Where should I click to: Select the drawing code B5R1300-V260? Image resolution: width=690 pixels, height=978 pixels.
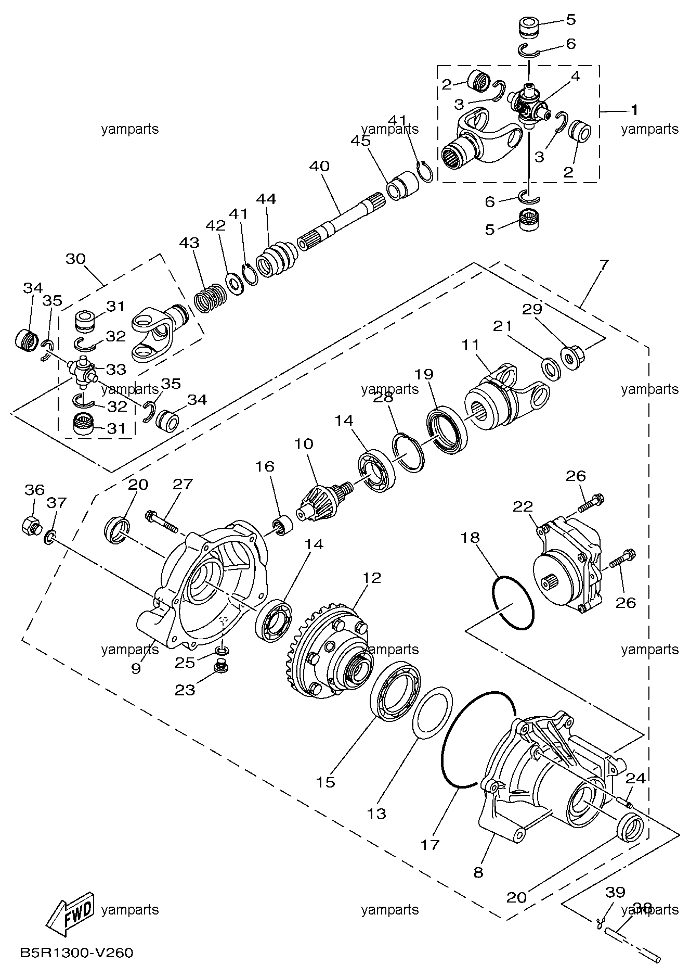point(76,953)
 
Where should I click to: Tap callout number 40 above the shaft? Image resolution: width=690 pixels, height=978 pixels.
point(319,167)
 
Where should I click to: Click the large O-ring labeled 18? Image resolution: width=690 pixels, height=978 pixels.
point(513,602)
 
